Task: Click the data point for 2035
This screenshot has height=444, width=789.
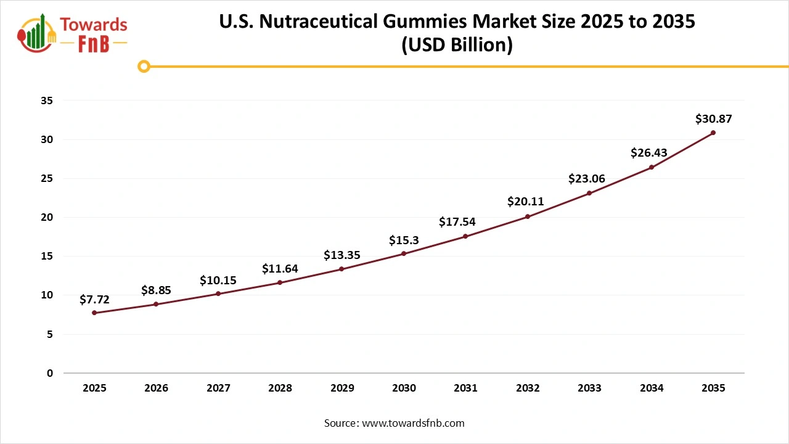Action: pos(713,133)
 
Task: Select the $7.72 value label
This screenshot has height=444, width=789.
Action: pos(94,300)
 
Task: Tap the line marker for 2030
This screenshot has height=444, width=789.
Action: pos(404,253)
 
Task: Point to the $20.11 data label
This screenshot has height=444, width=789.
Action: pos(526,202)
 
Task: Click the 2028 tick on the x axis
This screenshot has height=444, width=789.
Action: pos(280,388)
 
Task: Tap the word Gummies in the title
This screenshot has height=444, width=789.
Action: pos(424,22)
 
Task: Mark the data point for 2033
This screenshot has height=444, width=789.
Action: pos(589,193)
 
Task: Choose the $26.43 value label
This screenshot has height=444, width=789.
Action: pos(648,153)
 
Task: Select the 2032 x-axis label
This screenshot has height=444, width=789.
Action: pos(528,388)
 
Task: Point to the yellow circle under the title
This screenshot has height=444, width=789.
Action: pos(144,66)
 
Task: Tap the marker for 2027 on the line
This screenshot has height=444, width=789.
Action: pos(218,294)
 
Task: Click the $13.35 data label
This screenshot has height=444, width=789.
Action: pos(342,255)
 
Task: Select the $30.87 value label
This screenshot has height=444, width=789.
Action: pos(713,119)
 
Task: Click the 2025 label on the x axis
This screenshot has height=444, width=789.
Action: pos(94,388)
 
